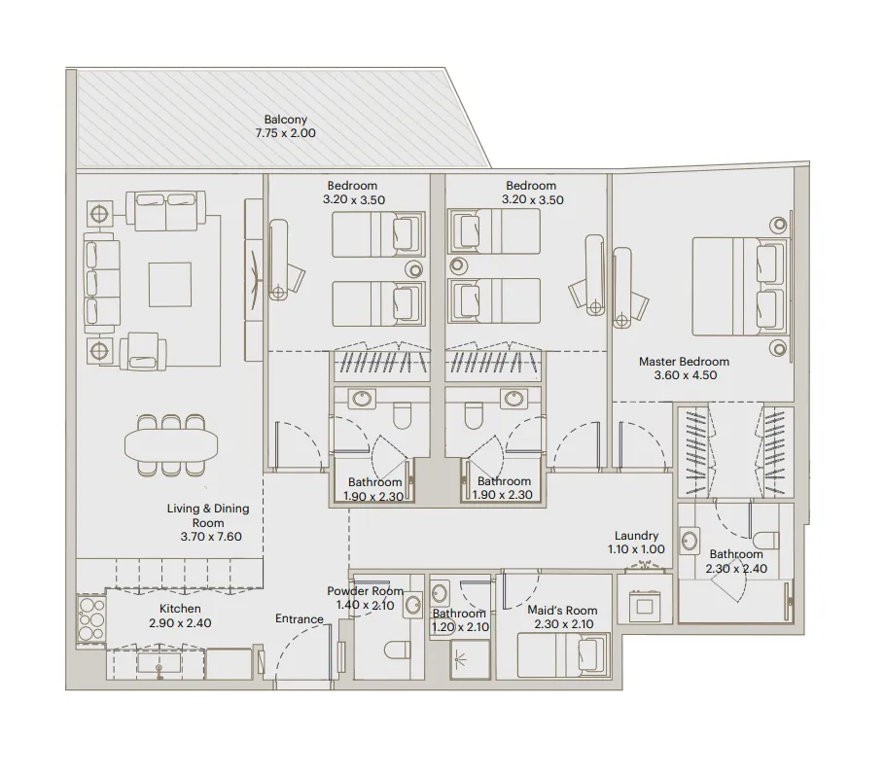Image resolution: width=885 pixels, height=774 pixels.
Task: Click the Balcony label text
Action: pos(285,121)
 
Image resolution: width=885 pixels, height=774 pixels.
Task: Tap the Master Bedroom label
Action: pos(683,362)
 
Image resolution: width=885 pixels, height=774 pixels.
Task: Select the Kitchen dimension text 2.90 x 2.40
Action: pos(180,622)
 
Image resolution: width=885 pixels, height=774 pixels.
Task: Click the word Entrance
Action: pos(299,619)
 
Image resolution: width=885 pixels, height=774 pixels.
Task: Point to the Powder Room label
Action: pos(365,591)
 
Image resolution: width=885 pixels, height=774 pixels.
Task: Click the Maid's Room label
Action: pos(562,611)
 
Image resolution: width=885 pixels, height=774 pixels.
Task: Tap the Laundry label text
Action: pos(637,536)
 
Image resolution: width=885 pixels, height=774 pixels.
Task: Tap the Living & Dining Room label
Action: pos(207,515)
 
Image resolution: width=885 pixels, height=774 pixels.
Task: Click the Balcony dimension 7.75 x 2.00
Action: pos(285,133)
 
